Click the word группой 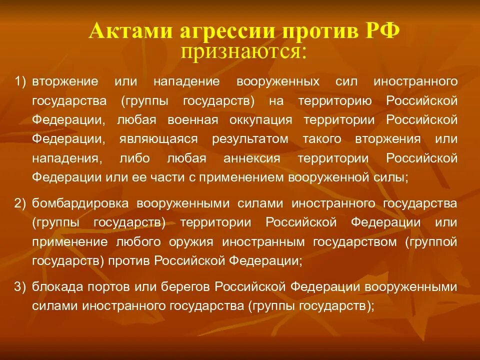click(x=431, y=242)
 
